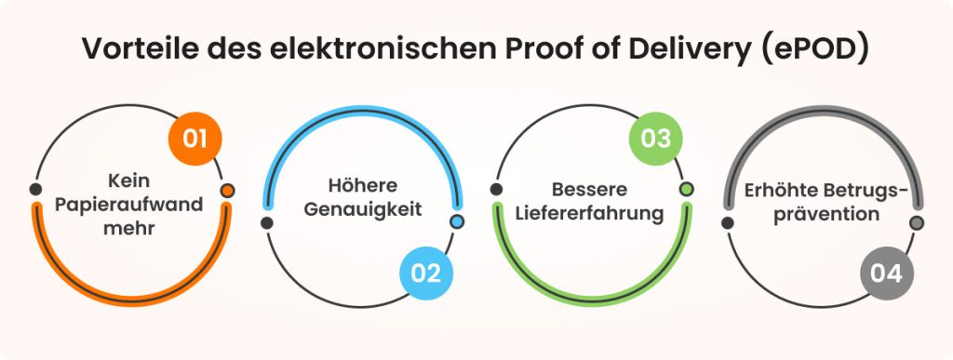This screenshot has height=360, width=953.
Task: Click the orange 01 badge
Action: pos(195,140)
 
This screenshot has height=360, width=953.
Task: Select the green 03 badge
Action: pos(656,140)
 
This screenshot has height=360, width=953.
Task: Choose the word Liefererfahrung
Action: pos(588,213)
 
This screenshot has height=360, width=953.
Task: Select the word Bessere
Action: pos(588,190)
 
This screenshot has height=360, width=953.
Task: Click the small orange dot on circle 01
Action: pos(227,191)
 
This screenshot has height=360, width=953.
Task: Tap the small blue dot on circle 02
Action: pos(456,222)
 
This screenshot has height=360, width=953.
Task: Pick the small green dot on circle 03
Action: pos(687,190)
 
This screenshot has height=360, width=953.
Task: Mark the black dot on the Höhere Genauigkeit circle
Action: pos(267,222)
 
